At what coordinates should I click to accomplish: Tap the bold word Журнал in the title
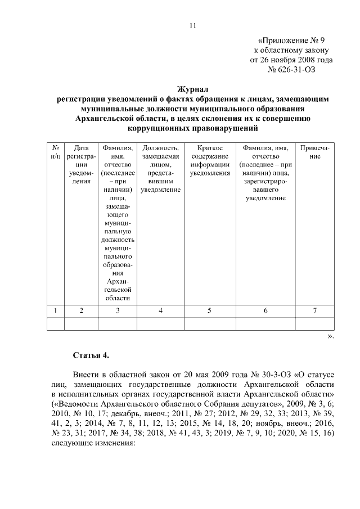pyautogui.click(x=193, y=89)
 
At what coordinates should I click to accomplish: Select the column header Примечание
pyautogui.click(x=316, y=152)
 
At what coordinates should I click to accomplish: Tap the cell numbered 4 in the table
pyautogui.click(x=161, y=310)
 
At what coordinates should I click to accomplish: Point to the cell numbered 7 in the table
pyautogui.click(x=316, y=310)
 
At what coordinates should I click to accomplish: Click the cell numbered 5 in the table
pyautogui.click(x=209, y=310)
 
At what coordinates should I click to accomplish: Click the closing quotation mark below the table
pyautogui.click(x=331, y=336)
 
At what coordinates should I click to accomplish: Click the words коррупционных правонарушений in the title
pyautogui.click(x=193, y=128)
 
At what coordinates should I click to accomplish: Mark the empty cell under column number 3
pyautogui.click(x=118, y=323)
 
